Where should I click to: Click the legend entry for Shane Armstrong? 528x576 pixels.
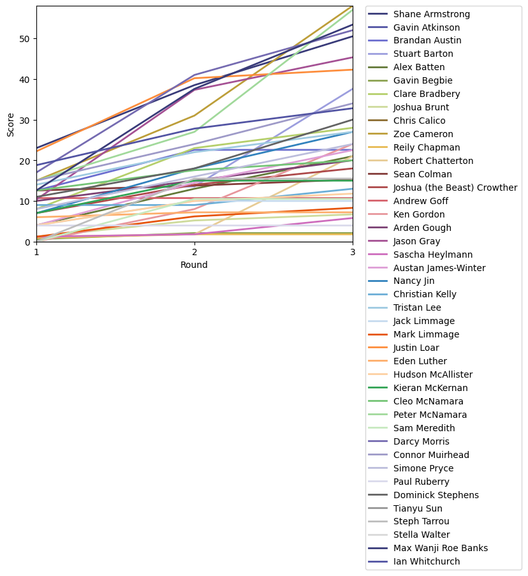coord(432,14)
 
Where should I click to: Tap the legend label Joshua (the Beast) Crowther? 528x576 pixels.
coord(455,188)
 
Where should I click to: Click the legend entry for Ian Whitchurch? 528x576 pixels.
coord(427,561)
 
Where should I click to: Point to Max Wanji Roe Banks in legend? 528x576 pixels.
coord(439,548)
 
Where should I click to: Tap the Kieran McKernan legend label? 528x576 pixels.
coord(430,388)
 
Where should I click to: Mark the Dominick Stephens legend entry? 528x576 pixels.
coord(435,495)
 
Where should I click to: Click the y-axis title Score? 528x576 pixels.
coord(10,124)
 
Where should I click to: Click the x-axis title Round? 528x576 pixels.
coord(194,265)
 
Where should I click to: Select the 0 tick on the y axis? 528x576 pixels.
coord(29,242)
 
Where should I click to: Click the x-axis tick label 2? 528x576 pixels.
coord(194,252)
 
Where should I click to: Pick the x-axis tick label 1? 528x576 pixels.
coord(36,252)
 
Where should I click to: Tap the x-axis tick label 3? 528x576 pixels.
coord(353,252)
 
